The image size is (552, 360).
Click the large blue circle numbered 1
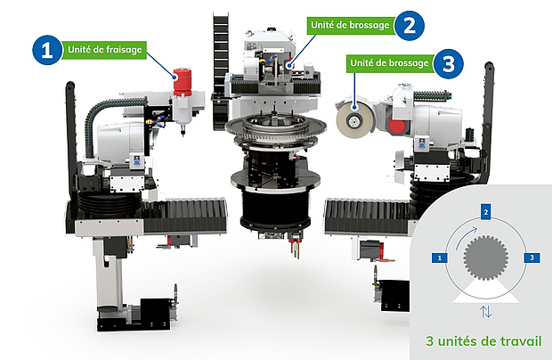coord(47,50)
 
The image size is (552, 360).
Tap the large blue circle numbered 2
coord(409,25)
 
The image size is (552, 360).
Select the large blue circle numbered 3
coord(448,63)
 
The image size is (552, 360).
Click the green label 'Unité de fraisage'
coord(104,50)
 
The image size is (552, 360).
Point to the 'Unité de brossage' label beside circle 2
coord(351,25)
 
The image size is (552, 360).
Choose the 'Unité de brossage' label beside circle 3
coord(390,63)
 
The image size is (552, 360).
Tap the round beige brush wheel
coord(353,119)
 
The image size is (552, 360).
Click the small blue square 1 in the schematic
coord(439,258)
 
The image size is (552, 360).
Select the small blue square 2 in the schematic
coord(486,212)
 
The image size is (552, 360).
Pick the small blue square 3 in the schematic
coord(532,258)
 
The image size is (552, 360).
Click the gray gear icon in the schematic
coord(486,258)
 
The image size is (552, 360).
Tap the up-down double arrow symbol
coord(486,311)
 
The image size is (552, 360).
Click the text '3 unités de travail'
coord(483,341)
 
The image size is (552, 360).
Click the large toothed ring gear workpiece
coord(276,127)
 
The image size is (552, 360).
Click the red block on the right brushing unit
coord(398,127)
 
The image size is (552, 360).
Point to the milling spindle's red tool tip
coord(183,135)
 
